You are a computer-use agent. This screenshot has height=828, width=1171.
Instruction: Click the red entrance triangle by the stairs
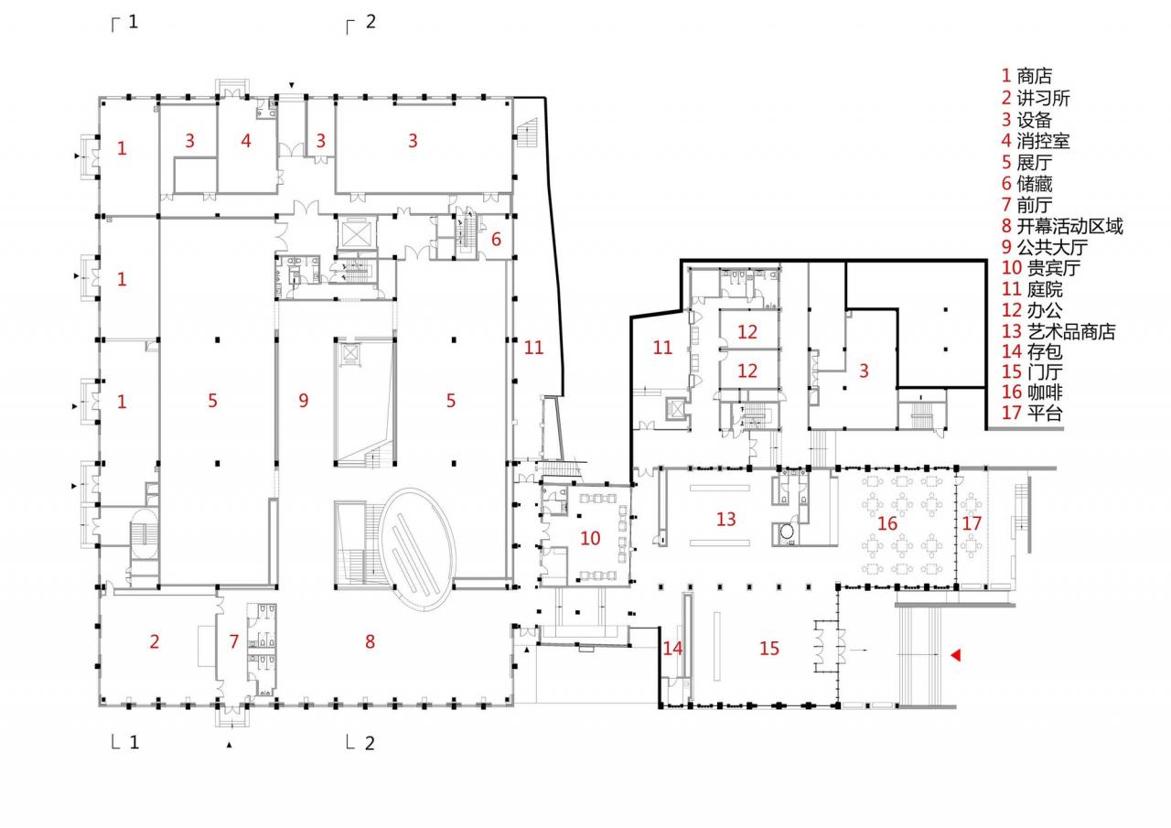point(955,655)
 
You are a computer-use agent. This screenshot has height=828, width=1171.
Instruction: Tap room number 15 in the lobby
point(769,648)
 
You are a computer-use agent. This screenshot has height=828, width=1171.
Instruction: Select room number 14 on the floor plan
point(672,648)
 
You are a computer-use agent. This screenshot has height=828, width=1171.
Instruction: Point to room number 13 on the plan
point(726,520)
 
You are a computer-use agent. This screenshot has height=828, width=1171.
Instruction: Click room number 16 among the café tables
point(887,523)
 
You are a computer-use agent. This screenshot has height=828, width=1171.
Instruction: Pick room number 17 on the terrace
point(972,522)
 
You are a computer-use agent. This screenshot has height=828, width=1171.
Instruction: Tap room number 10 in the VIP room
point(590,538)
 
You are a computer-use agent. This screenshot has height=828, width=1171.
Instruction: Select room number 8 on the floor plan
point(370,641)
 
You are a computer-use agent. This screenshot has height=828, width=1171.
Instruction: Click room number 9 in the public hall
point(304,400)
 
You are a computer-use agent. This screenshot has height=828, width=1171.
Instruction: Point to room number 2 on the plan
point(154,641)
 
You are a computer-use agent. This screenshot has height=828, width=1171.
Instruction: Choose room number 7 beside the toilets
point(234,641)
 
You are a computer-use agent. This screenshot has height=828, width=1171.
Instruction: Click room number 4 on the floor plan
point(245,141)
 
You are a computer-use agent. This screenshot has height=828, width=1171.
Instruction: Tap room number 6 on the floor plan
point(497,240)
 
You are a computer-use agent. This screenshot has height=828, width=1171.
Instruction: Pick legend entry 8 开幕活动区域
point(1061,225)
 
